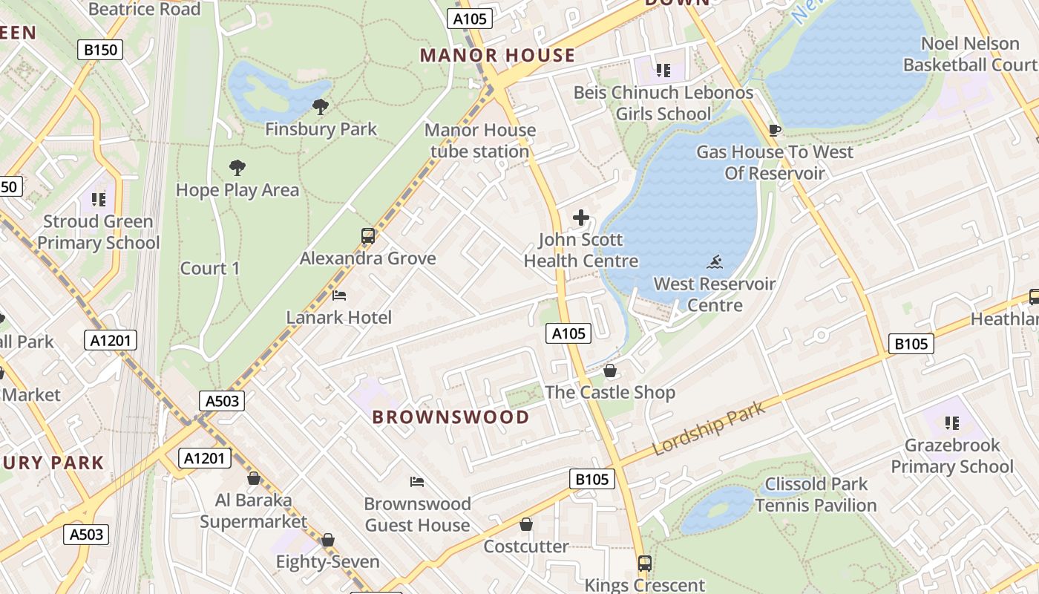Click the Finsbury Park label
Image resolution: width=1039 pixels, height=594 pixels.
[x=321, y=129]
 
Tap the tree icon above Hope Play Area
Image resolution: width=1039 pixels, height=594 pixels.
[x=237, y=168]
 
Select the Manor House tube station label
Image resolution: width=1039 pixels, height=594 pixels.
[x=480, y=141]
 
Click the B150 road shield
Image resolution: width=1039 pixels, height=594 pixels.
[x=100, y=50]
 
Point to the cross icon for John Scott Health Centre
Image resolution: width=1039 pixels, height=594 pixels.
[x=581, y=218]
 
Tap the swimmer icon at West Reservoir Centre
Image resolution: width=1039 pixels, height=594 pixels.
[x=715, y=261]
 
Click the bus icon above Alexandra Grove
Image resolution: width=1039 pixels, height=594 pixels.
[x=368, y=236]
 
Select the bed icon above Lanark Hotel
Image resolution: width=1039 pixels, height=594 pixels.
[x=339, y=296]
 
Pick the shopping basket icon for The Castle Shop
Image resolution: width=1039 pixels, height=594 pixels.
[x=610, y=371]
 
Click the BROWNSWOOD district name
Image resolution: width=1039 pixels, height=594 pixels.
[x=451, y=417]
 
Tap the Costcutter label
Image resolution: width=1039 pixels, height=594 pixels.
[x=526, y=546]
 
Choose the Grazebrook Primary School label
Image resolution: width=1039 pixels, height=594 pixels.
[x=952, y=456]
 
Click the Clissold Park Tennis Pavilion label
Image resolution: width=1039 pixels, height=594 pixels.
[x=816, y=495]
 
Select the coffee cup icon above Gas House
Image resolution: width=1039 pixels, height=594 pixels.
[x=775, y=131]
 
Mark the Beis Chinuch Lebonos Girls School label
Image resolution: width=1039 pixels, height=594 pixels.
[x=663, y=103]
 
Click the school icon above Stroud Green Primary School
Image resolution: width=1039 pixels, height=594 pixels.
[x=99, y=199]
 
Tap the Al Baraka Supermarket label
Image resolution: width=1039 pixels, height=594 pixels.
[x=253, y=511]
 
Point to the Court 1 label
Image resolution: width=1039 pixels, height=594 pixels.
[x=210, y=269]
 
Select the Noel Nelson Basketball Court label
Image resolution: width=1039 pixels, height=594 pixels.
[x=970, y=54]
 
